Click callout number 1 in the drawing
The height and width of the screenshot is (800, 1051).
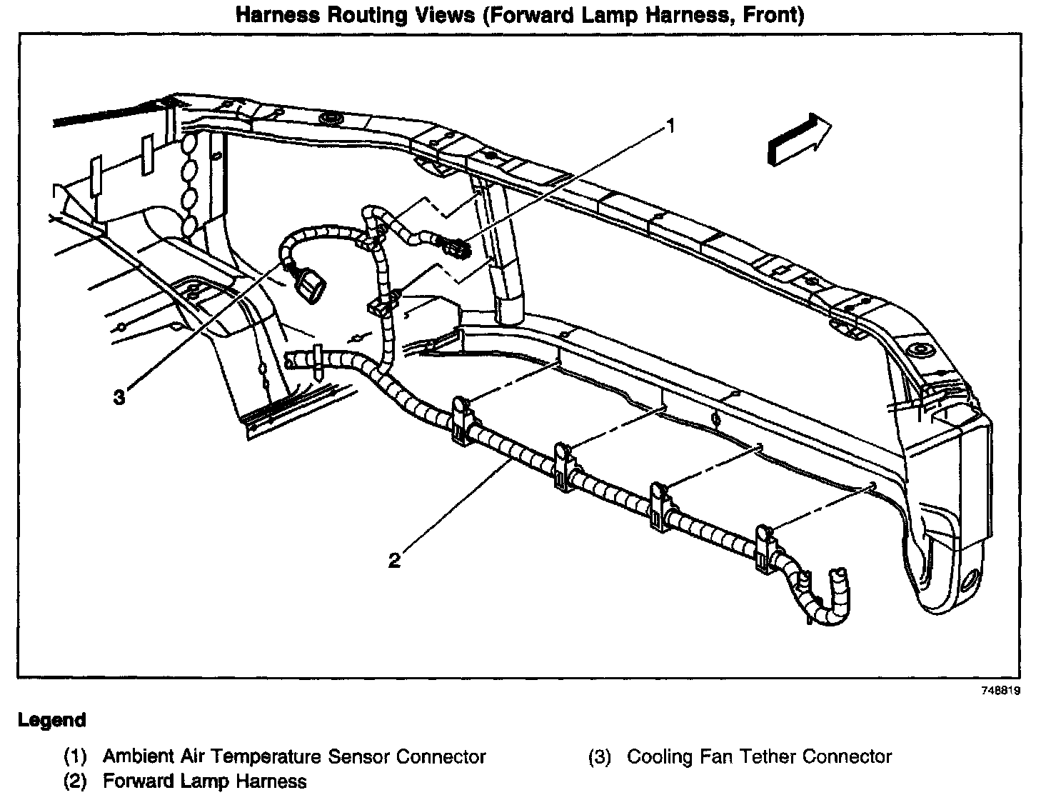pos(669,126)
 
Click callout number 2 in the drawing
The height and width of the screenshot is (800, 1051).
pos(394,560)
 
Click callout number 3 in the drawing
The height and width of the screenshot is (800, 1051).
pos(119,397)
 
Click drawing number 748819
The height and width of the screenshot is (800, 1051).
pos(1000,691)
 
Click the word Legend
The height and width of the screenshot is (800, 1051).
pos(52,720)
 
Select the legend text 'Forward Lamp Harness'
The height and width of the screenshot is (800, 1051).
pos(205,781)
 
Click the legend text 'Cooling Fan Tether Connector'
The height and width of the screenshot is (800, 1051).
pos(759,756)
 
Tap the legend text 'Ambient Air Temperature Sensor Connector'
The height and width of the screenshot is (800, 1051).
pos(294,756)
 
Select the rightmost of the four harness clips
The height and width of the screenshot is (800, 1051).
pos(766,547)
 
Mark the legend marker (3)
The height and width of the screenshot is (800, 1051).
pos(600,757)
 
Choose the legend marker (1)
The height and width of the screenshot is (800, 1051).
pos(75,757)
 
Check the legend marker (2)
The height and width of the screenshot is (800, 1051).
pos(75,781)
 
